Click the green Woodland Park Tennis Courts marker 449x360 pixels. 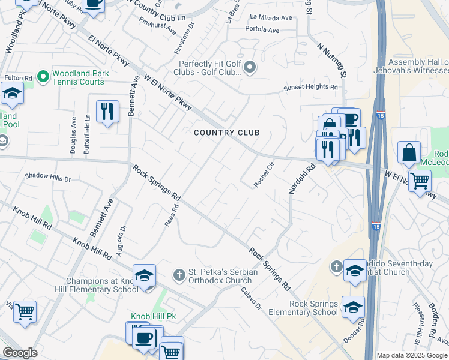[x=43, y=77]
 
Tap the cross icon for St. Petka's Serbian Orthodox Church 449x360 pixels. [x=178, y=275]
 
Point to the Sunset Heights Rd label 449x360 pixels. [x=310, y=87]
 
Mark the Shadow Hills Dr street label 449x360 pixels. [x=47, y=178]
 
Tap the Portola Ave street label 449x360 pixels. [x=262, y=30]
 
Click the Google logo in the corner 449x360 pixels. [x=20, y=353]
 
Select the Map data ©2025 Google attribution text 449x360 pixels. [x=412, y=355]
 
